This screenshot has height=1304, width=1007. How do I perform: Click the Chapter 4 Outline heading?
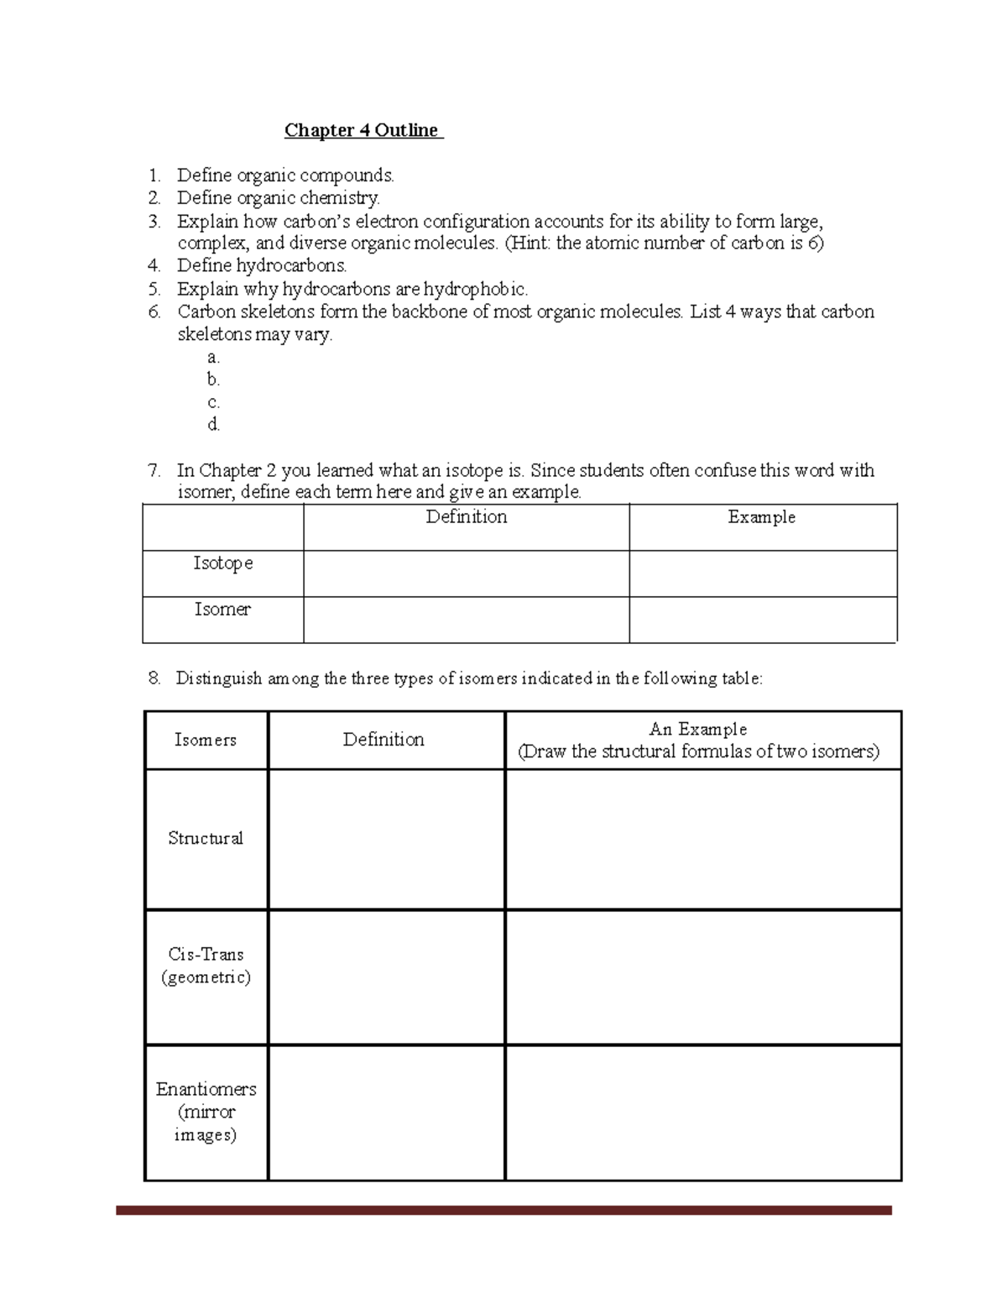[x=362, y=130]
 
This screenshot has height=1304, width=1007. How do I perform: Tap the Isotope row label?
[x=223, y=563]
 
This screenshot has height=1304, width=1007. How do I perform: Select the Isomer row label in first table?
[x=222, y=610]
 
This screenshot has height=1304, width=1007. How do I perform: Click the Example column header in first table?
[x=761, y=517]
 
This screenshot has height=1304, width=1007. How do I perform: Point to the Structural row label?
[x=206, y=838]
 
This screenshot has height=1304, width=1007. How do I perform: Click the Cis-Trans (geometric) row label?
[x=206, y=966]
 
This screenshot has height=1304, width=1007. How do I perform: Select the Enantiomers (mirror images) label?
[x=206, y=1111]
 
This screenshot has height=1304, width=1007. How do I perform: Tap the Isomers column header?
[x=206, y=740]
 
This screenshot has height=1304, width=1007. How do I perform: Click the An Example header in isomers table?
[x=698, y=729]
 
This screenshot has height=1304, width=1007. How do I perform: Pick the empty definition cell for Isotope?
[x=466, y=574]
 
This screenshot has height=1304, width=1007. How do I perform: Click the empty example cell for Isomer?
[x=762, y=620]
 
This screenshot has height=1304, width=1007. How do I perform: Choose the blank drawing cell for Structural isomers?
[x=702, y=840]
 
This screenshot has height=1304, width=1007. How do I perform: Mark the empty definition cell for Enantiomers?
[x=386, y=1113]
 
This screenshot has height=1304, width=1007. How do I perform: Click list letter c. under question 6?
[x=213, y=402]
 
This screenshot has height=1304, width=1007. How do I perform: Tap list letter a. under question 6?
[x=213, y=357]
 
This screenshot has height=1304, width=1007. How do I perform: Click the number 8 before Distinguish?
[x=154, y=678]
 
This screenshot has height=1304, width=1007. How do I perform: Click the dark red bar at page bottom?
[x=503, y=1210]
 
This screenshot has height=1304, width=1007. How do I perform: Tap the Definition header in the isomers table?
[x=383, y=740]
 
